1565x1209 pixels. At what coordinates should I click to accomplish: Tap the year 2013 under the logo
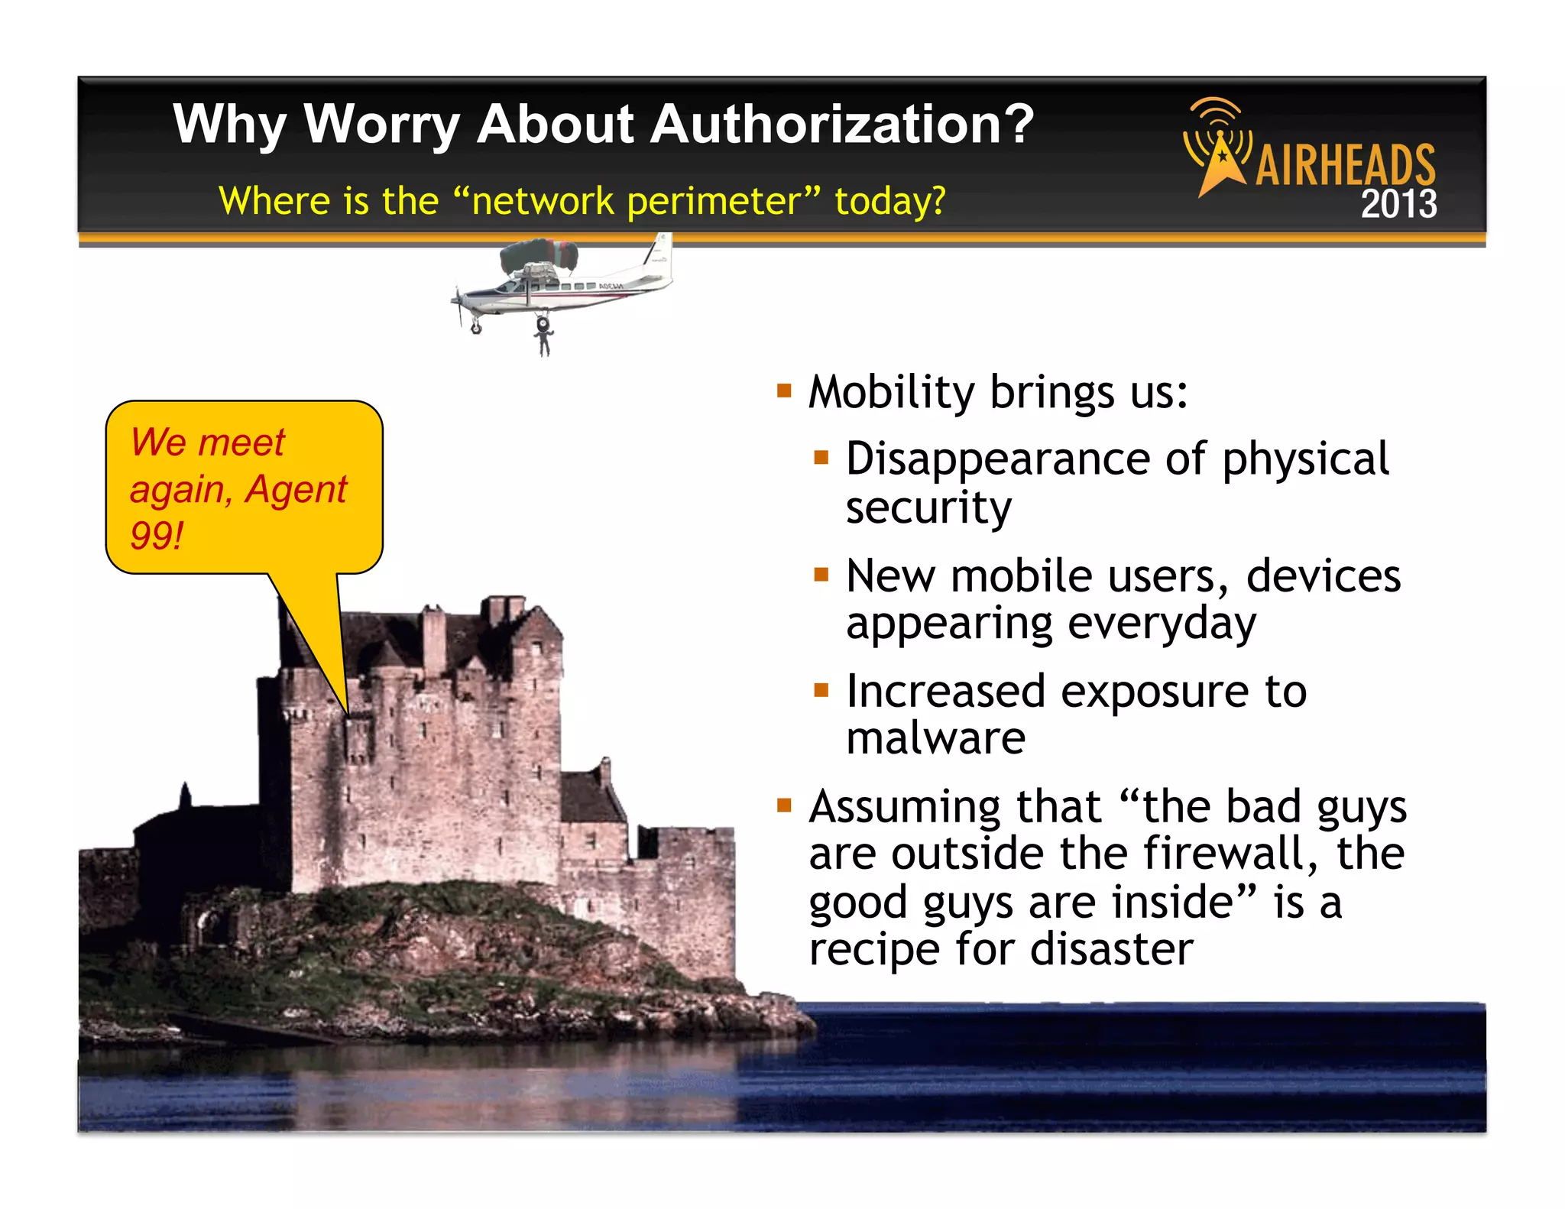point(1398,204)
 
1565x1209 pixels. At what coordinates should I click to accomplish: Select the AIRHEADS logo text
point(1346,164)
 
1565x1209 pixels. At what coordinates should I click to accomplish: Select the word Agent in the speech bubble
point(296,489)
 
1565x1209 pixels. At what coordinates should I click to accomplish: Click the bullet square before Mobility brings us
point(784,392)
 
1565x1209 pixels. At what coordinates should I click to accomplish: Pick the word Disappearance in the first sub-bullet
point(998,459)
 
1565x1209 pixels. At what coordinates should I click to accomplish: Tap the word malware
point(935,738)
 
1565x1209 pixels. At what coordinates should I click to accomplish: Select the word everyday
point(1161,624)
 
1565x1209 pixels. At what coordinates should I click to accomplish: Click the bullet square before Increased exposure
point(821,691)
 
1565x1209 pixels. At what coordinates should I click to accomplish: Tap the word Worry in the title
point(381,124)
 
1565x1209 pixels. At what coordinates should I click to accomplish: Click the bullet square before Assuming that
point(784,805)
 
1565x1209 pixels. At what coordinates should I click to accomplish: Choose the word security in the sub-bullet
point(928,507)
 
